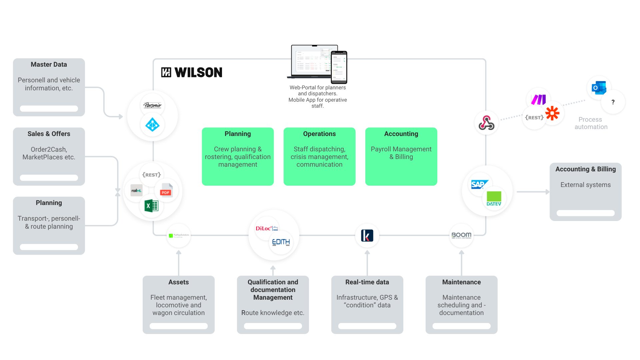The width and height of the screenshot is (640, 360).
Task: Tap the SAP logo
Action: coord(479,184)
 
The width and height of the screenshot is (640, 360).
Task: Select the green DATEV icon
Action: coord(494,199)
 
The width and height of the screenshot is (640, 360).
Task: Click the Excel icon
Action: coord(151,206)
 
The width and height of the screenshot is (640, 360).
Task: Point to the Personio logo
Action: coord(152,105)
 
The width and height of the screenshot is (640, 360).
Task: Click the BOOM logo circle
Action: coord(461,235)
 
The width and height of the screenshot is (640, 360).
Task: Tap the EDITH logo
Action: coord(281,242)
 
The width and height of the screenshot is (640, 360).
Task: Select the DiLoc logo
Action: coord(266,228)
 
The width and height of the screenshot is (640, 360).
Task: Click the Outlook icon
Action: coord(599,88)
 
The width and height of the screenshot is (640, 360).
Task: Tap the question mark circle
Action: coord(613,102)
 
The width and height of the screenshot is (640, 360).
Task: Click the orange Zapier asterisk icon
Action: coord(552,113)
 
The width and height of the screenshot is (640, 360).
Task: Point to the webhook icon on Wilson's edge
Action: coord(486,123)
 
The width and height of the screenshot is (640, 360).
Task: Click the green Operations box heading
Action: coord(319,134)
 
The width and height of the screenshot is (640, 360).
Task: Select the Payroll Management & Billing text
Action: coord(401,153)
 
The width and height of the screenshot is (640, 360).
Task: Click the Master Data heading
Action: coord(49,64)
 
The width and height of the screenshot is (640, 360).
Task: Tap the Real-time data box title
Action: coord(367,282)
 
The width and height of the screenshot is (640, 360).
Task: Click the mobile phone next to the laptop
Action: coord(339,67)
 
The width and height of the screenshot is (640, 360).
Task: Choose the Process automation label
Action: coord(591,123)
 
